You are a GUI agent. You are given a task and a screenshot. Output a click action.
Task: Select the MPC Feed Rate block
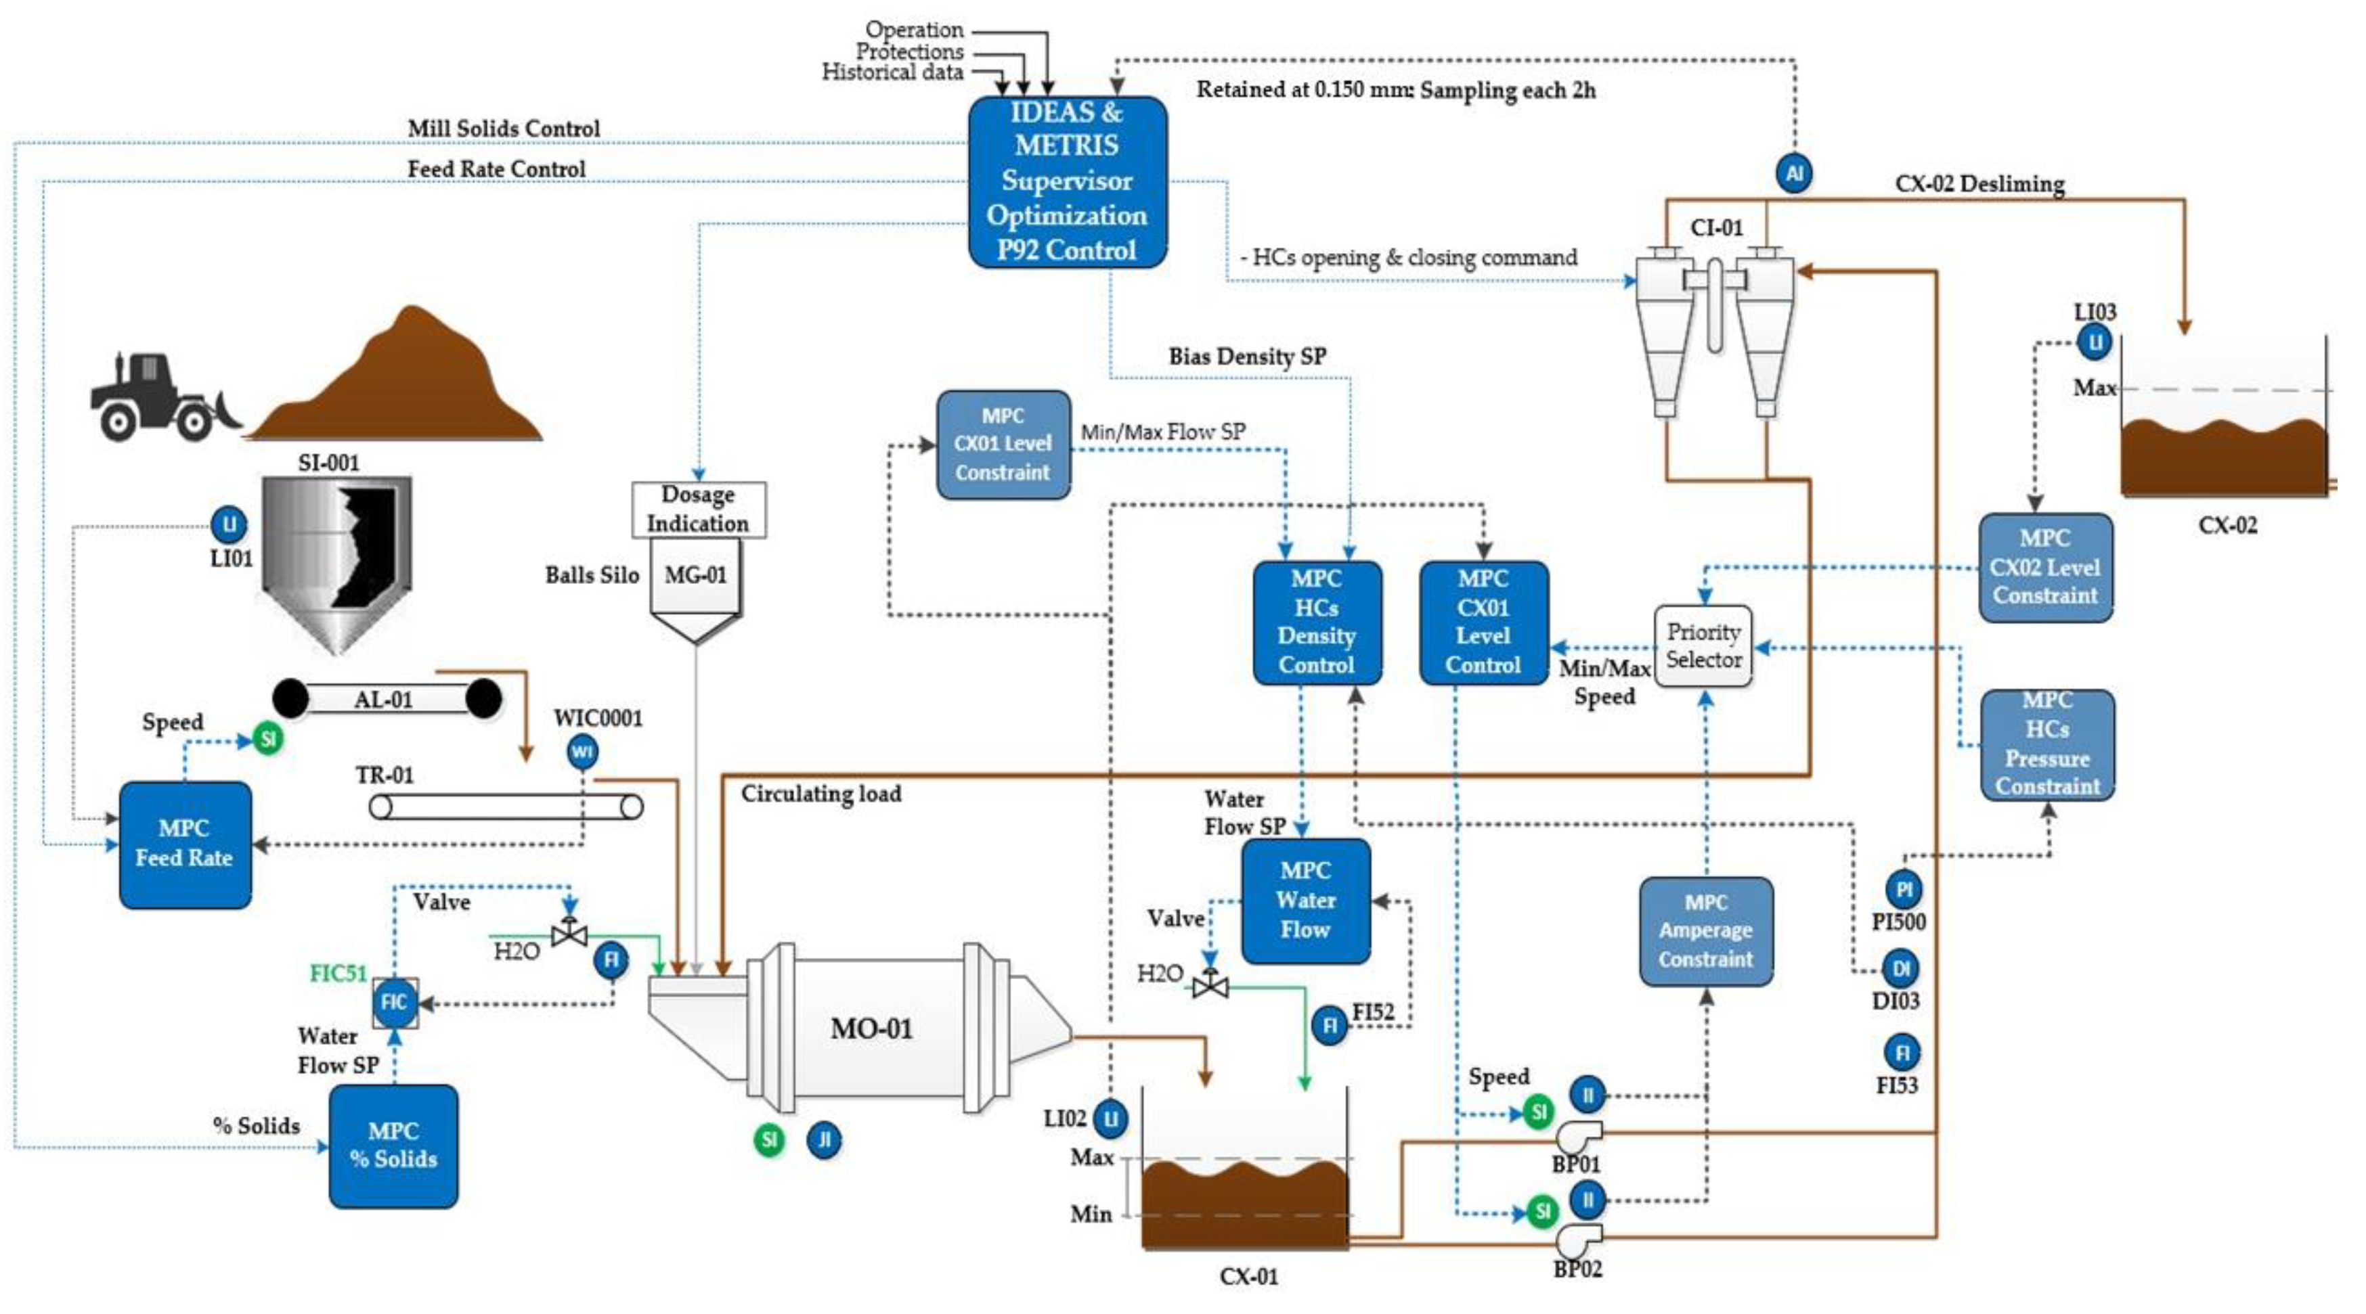[x=185, y=844]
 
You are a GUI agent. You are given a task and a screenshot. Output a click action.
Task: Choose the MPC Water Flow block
[x=1305, y=900]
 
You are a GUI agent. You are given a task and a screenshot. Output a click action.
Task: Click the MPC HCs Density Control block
[x=1316, y=622]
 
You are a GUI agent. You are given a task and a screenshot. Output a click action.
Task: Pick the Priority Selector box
[x=1704, y=645]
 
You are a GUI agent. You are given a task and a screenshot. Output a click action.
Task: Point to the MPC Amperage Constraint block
[x=1705, y=931]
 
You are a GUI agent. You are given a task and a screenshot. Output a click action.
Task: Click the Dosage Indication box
[x=698, y=509]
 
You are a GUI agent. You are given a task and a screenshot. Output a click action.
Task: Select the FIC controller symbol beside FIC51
[x=394, y=1002]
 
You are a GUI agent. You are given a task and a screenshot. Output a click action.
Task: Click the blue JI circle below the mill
[x=824, y=1139]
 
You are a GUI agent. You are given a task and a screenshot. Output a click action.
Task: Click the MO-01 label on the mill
[x=871, y=1028]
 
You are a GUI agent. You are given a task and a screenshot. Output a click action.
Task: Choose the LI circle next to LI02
[x=1110, y=1118]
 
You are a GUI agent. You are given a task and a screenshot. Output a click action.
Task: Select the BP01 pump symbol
[x=1578, y=1137]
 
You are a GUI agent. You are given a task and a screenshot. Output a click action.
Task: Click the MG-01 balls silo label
[x=695, y=576]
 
